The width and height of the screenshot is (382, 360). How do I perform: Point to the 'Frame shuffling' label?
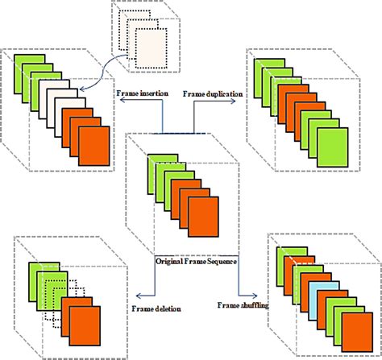243,304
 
